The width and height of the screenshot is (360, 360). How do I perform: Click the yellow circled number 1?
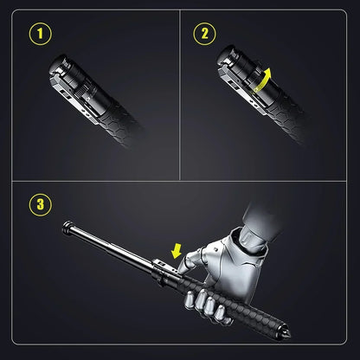click(x=41, y=34)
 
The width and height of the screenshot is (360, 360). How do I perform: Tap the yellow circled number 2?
click(x=204, y=34)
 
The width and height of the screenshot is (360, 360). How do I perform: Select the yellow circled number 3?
click(x=41, y=205)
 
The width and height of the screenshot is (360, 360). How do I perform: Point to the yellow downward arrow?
click(x=176, y=250)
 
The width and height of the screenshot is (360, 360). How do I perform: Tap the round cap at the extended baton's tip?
click(x=67, y=228)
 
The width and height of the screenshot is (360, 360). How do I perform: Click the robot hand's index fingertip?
click(x=182, y=270)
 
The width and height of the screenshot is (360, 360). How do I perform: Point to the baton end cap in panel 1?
click(x=60, y=67)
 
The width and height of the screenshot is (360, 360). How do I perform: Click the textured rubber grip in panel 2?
click(x=286, y=121)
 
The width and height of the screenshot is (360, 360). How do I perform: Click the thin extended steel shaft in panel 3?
click(x=110, y=245)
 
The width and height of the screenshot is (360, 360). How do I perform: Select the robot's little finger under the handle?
click(x=221, y=314)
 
